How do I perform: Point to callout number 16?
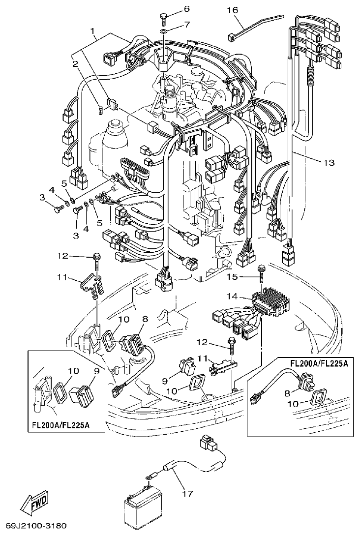[x=233, y=10]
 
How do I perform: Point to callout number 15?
[x=232, y=277]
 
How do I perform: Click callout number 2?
[x=75, y=63]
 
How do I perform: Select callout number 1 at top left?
[x=92, y=31]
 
